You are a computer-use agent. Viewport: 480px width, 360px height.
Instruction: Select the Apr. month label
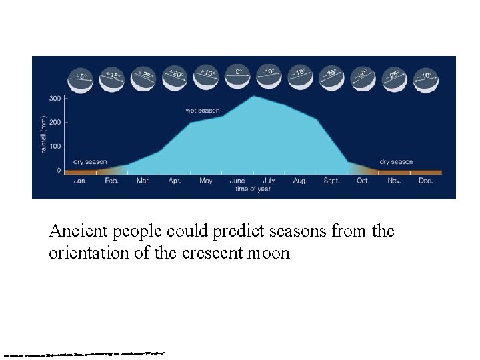pos(175,181)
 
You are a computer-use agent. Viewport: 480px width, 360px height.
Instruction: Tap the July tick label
pos(269,181)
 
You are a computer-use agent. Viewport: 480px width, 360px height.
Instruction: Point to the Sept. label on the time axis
pos(331,181)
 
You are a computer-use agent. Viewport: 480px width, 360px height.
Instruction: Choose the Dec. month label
pos(426,181)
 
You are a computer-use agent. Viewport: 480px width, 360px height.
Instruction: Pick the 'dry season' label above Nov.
pos(396,161)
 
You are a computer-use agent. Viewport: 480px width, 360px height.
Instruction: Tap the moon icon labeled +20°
pos(175,77)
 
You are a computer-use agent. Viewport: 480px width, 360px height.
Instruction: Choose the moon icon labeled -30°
pos(363,77)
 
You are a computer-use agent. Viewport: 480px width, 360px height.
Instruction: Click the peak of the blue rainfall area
pos(252,97)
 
